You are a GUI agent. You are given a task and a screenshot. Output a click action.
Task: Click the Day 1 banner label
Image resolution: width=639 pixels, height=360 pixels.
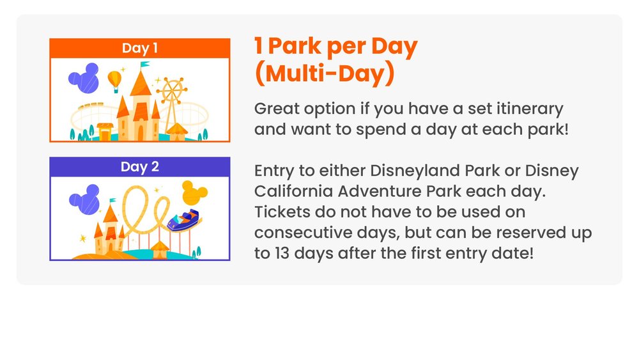coord(140,48)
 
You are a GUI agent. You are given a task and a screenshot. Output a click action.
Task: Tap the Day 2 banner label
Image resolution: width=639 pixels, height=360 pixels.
coord(140,167)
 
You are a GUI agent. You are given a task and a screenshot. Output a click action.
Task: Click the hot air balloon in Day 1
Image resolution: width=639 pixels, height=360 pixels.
coord(114,81)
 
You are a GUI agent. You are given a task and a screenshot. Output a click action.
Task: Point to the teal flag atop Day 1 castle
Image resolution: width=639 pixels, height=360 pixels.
coord(144,65)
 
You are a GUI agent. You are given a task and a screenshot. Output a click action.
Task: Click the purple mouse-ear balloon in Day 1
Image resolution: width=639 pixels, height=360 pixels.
coord(84,78)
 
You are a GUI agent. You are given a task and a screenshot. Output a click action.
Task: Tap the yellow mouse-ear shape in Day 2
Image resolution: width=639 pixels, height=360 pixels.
coord(194,193)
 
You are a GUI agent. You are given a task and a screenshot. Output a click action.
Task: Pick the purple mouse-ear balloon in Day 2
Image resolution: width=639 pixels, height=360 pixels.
coord(85,200)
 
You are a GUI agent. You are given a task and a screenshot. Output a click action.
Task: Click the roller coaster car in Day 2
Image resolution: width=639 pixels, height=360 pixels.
coord(183,220)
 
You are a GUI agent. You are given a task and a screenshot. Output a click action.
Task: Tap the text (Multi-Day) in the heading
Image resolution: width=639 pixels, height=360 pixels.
coord(325,74)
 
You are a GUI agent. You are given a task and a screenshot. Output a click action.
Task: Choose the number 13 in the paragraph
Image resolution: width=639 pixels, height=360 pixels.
coord(282,253)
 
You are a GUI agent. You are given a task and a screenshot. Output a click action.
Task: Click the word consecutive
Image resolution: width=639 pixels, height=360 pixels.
coord(303,233)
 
